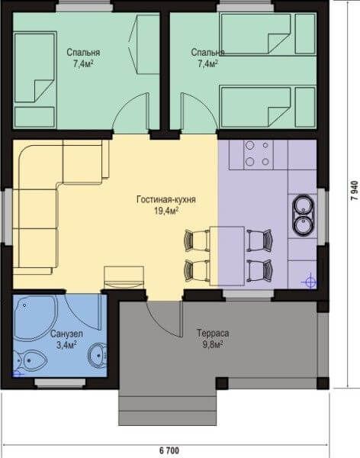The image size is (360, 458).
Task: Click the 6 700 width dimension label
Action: [x=169, y=450]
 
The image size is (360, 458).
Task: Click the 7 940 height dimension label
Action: [x=354, y=190]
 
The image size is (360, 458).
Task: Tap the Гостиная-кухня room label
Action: [x=166, y=199]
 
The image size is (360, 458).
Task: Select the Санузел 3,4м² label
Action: [x=66, y=340]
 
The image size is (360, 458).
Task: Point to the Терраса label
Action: [x=213, y=333]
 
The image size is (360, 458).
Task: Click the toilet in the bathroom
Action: [x=29, y=360]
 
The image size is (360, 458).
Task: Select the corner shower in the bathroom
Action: [x=34, y=318]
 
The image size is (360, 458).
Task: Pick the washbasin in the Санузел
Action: [x=98, y=355]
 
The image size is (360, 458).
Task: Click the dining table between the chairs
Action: [x=227, y=256]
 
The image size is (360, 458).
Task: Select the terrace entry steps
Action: [x=168, y=407]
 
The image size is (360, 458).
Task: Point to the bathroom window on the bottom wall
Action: [x=60, y=382]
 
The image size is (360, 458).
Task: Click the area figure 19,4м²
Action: [x=166, y=211]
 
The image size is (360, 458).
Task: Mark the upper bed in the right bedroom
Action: [x=268, y=34]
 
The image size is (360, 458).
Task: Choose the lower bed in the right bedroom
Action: [x=268, y=107]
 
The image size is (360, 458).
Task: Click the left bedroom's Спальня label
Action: [x=83, y=53]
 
